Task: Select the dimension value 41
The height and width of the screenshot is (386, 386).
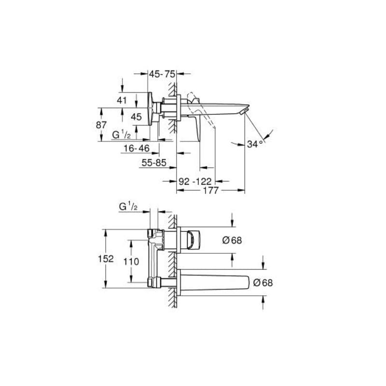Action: (122, 100)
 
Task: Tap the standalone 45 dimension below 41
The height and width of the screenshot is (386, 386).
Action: (137, 117)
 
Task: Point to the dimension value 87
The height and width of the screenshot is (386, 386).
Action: (101, 124)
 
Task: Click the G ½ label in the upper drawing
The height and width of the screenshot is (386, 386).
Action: (122, 134)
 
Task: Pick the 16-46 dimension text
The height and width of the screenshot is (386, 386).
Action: (136, 149)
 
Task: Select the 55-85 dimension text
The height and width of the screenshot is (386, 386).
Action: (154, 163)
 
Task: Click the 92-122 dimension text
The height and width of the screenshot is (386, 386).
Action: (195, 181)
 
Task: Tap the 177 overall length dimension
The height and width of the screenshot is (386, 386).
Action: (210, 190)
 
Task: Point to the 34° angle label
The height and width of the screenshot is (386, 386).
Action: (255, 144)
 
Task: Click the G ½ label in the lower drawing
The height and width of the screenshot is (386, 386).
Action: (128, 207)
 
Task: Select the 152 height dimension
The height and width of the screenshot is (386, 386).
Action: (105, 259)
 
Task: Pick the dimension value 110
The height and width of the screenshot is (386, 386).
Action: (131, 262)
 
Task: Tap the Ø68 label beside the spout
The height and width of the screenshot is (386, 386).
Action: (263, 283)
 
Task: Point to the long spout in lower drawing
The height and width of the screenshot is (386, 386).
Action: (217, 282)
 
